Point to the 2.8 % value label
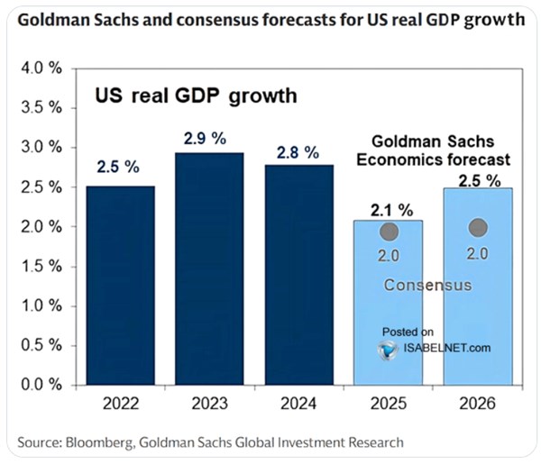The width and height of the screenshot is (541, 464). (x=298, y=150)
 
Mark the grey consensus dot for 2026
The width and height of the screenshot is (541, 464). (x=478, y=228)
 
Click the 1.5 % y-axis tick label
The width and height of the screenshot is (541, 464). (x=41, y=267)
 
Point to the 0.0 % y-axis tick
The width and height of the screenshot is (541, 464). (x=41, y=386)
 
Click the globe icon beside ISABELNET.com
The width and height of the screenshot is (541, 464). (x=389, y=348)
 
